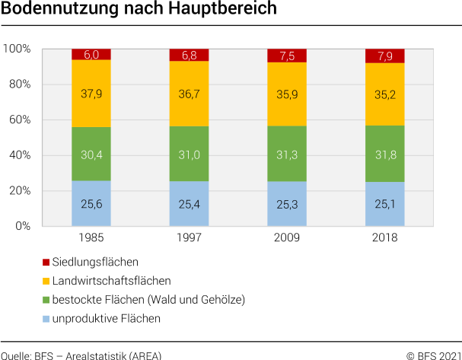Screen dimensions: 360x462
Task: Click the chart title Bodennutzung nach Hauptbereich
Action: click(139, 11)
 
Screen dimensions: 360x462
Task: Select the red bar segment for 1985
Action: click(91, 54)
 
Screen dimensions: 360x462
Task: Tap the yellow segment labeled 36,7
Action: click(189, 94)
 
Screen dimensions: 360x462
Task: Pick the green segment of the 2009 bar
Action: click(287, 153)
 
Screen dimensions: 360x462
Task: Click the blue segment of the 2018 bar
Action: click(384, 203)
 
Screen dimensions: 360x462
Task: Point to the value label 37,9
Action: click(91, 94)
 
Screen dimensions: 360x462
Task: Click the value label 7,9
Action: click(384, 56)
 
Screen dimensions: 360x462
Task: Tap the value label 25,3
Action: click(287, 204)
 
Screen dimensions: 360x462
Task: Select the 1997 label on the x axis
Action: click(189, 237)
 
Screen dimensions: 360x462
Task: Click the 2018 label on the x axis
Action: click(384, 237)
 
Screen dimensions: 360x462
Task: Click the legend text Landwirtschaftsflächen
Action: click(112, 281)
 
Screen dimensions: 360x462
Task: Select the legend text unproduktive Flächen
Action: click(107, 318)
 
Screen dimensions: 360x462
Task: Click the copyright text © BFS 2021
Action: click(433, 355)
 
